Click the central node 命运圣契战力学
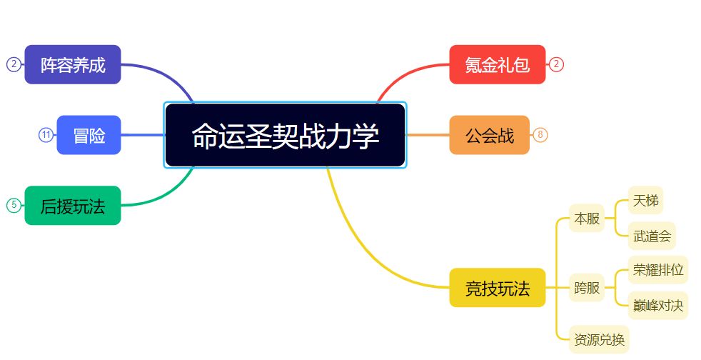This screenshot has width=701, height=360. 286,135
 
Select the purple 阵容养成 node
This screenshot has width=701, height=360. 72,64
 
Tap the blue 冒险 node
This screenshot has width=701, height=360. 89,135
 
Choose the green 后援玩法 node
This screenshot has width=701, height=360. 72,205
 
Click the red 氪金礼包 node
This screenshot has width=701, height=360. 497,64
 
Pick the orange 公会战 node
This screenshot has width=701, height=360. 489,135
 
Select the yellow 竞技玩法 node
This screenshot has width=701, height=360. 497,288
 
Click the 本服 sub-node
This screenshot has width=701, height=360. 587,219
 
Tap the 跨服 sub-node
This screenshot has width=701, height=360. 587,288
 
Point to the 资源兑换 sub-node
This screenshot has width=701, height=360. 599,339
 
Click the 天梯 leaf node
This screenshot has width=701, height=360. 645,200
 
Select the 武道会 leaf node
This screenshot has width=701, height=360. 652,236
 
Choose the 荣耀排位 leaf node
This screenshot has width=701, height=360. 658,270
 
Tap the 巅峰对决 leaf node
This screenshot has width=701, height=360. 658,306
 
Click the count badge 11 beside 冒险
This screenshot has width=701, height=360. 46,134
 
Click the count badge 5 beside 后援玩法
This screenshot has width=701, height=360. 14,205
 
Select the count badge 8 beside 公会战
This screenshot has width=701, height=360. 540,134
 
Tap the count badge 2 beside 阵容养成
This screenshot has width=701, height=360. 14,64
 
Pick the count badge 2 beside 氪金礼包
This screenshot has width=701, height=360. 556,64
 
